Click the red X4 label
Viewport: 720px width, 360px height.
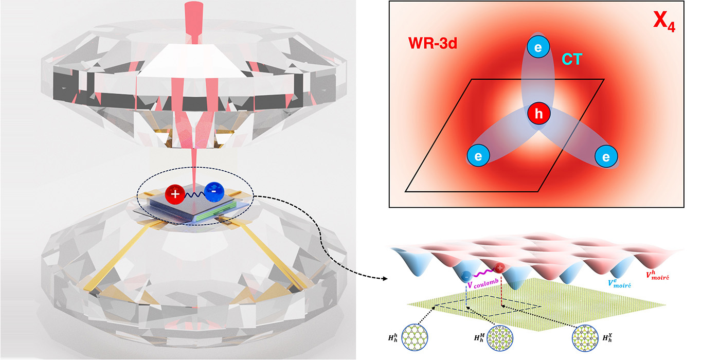664,21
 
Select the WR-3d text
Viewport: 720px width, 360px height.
433,43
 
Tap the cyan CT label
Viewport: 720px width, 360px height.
572,59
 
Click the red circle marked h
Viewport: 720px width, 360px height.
539,114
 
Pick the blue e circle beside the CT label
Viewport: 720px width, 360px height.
538,47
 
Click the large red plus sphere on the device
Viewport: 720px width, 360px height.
175,194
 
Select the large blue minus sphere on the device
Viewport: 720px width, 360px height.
214,192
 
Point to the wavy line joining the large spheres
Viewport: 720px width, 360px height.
194,194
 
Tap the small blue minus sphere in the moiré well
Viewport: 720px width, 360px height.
466,276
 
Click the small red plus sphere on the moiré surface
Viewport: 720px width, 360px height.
499,267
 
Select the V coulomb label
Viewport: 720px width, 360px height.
483,283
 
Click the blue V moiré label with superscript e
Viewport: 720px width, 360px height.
619,283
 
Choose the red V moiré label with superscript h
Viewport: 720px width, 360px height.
658,276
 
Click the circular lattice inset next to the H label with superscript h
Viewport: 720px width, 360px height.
415,337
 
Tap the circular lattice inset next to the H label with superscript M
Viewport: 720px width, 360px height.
500,337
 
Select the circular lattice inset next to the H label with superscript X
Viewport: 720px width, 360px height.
585,337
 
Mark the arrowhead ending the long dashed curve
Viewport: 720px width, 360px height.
385,279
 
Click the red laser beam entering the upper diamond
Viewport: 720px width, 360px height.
194,23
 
